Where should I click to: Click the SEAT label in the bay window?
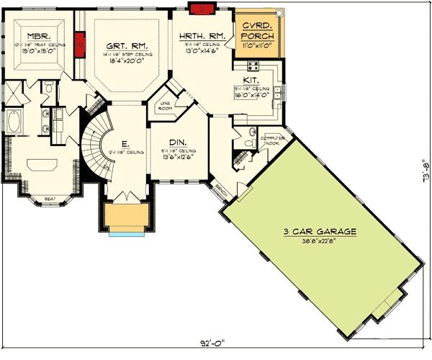(50, 199)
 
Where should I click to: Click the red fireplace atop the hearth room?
(197, 7)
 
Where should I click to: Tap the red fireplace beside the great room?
(80, 44)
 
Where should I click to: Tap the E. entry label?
(126, 143)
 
